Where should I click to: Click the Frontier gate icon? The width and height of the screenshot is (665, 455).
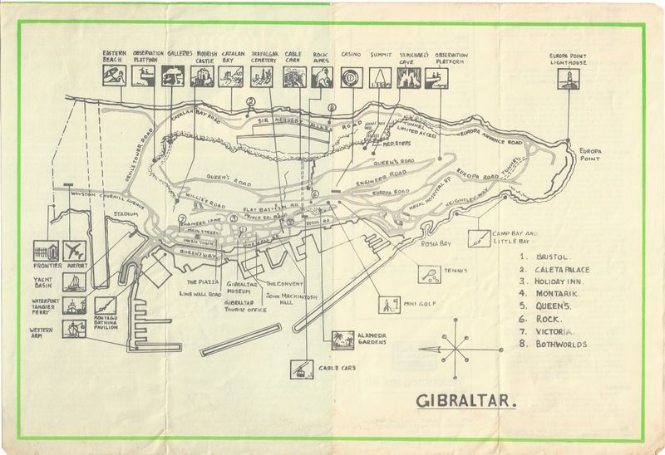click(x=47, y=251)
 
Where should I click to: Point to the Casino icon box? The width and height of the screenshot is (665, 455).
click(x=352, y=77)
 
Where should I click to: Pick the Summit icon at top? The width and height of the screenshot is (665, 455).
click(x=380, y=77)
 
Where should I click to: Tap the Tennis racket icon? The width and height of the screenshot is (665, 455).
click(x=429, y=273)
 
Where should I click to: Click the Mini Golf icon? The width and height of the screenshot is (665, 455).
click(x=389, y=304)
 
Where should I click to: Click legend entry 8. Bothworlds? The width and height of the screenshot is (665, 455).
click(x=553, y=343)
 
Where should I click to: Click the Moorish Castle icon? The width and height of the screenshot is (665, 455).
click(x=201, y=77)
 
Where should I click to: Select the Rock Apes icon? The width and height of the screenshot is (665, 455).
click(x=323, y=77)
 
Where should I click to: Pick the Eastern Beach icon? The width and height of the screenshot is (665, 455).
click(x=114, y=77)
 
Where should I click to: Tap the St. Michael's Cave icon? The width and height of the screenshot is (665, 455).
click(x=409, y=77)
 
